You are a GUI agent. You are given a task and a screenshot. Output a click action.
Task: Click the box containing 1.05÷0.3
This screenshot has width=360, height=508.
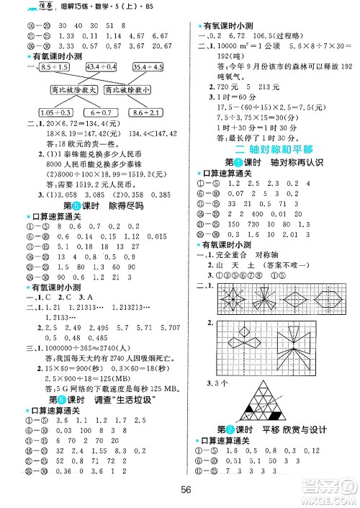point(55,112)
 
